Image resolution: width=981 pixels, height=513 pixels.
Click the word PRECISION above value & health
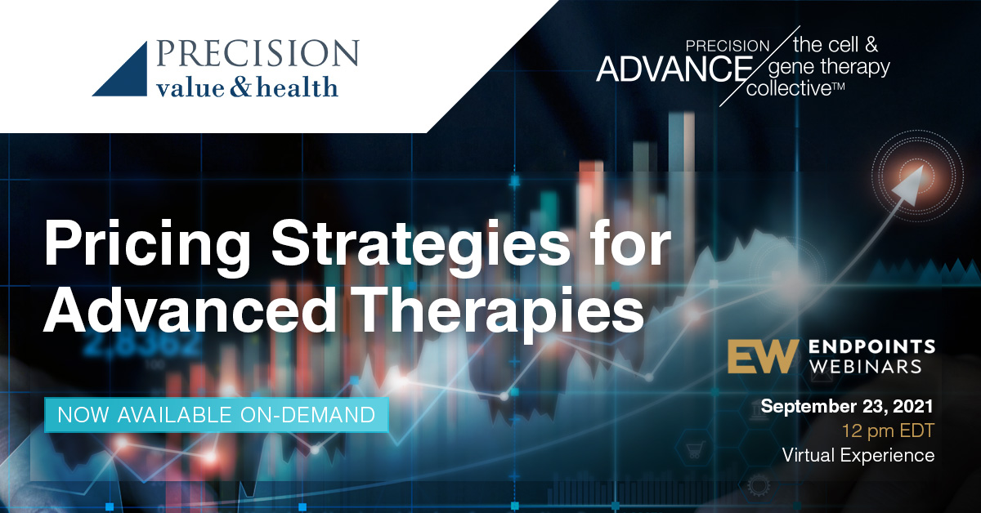pyautogui.click(x=258, y=53)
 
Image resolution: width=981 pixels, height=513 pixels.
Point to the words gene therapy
pyautogui.click(x=830, y=68)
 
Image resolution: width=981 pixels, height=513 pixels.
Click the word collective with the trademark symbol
pyautogui.click(x=795, y=88)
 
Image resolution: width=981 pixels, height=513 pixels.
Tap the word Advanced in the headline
pyautogui.click(x=189, y=310)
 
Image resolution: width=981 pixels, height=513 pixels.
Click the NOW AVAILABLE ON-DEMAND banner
pyautogui.click(x=217, y=415)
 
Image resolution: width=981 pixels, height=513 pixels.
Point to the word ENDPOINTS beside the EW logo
pyautogui.click(x=871, y=347)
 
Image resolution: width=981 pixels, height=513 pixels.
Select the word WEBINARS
pyautogui.click(x=865, y=367)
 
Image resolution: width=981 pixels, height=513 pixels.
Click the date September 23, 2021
pyautogui.click(x=847, y=407)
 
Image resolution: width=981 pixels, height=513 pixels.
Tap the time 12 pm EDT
pyautogui.click(x=888, y=430)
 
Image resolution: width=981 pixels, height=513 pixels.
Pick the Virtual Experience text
pyautogui.click(x=858, y=455)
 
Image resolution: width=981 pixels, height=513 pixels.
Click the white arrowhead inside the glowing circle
pyautogui.click(x=907, y=185)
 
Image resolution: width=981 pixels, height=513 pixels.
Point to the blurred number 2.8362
pyautogui.click(x=142, y=344)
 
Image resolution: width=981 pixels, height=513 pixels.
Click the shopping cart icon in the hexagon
pyautogui.click(x=695, y=449)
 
